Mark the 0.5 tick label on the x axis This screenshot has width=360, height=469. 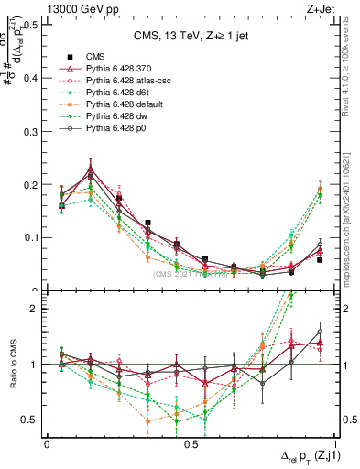click(190, 444)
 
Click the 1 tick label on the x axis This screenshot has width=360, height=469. click(333, 444)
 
